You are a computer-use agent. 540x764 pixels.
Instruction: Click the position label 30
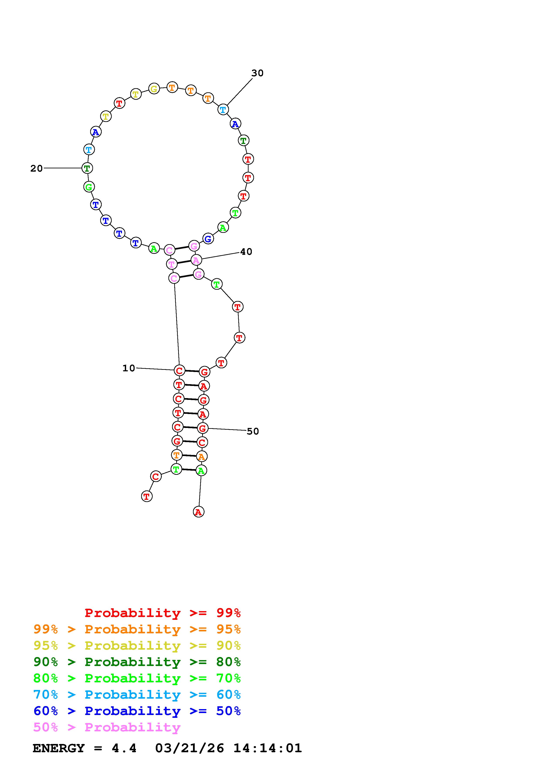pos(257,73)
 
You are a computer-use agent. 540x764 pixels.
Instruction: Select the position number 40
pos(246,252)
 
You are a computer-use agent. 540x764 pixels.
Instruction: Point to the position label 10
pos(129,368)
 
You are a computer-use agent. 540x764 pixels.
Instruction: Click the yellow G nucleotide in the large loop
pos(154,89)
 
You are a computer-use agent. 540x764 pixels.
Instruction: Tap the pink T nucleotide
pos(171,264)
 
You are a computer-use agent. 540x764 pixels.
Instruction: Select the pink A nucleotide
pos(196,260)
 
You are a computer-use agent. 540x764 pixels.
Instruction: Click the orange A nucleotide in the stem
pos(201,456)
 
